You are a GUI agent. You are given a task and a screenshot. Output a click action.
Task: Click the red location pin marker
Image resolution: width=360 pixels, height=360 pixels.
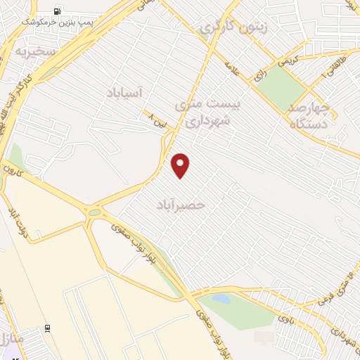pos(181,166)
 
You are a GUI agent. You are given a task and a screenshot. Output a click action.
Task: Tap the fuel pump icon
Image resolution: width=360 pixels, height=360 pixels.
pos(56,11)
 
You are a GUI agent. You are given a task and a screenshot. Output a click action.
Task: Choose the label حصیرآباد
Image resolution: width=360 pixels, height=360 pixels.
pos(182,205)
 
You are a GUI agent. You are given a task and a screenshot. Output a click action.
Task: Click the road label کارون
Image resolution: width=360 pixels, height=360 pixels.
pos(13,171)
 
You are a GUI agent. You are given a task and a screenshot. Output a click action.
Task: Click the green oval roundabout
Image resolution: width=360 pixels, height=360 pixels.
pos(94,212)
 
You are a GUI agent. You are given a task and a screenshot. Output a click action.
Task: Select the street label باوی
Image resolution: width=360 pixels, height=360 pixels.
pos(284,319)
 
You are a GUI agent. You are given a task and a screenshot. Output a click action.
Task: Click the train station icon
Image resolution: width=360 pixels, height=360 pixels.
pos(47,328)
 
